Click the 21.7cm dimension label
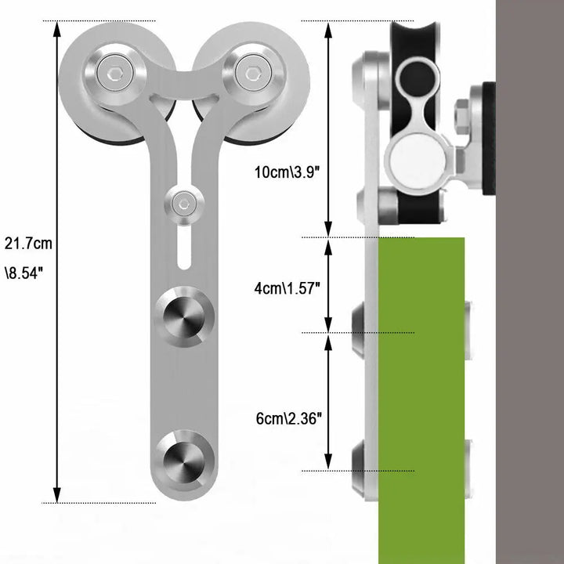click(28, 244)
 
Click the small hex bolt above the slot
click(183, 204)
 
